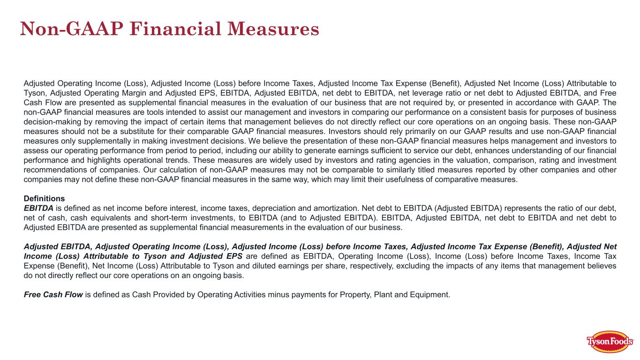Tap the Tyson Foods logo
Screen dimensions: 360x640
(x=610, y=342)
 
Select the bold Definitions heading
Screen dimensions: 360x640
(x=44, y=198)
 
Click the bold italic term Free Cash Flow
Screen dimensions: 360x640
(x=53, y=295)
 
